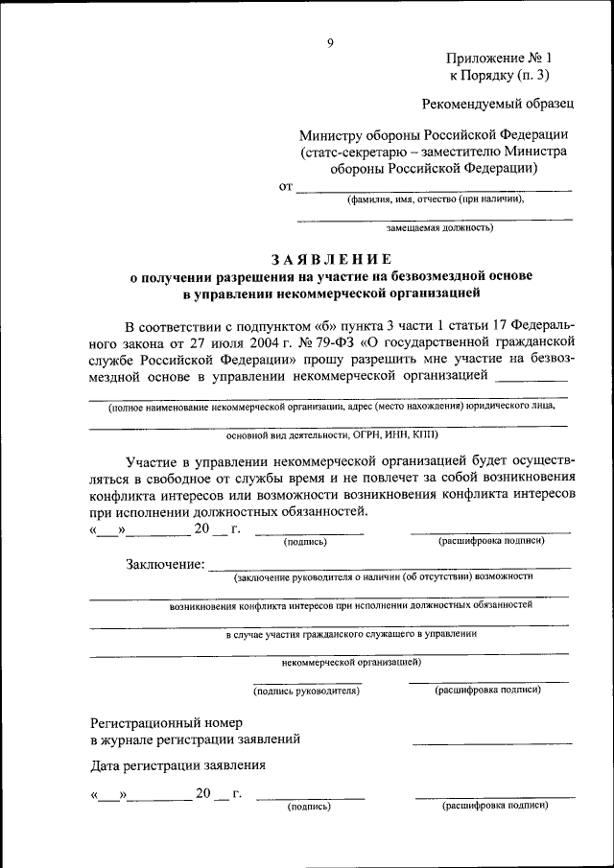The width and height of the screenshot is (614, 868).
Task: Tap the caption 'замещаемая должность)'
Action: (439, 228)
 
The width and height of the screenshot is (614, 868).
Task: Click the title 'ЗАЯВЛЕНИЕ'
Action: (331, 259)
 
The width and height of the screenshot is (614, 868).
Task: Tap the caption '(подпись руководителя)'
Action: (306, 690)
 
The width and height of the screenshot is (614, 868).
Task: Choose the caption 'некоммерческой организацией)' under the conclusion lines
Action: (350, 662)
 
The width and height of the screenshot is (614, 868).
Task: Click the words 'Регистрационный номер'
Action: (166, 721)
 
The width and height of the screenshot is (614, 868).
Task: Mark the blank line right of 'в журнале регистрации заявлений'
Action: (492, 742)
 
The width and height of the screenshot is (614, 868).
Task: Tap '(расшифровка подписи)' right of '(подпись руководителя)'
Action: (487, 690)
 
